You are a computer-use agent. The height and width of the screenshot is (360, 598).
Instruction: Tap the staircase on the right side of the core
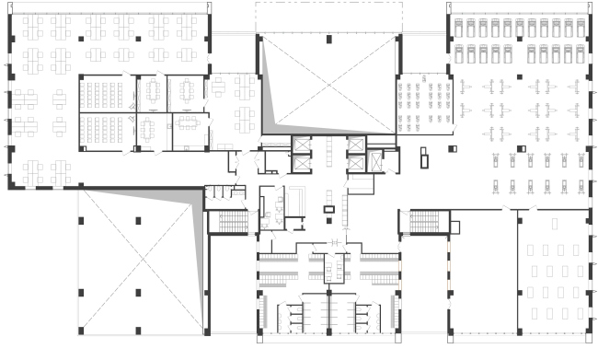(425, 223)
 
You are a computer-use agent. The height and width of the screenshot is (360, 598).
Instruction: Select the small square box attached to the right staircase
(454, 226)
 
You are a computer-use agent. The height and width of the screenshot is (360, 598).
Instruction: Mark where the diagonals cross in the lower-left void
(139, 259)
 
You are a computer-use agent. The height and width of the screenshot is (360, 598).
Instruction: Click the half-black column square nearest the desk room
(520, 148)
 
